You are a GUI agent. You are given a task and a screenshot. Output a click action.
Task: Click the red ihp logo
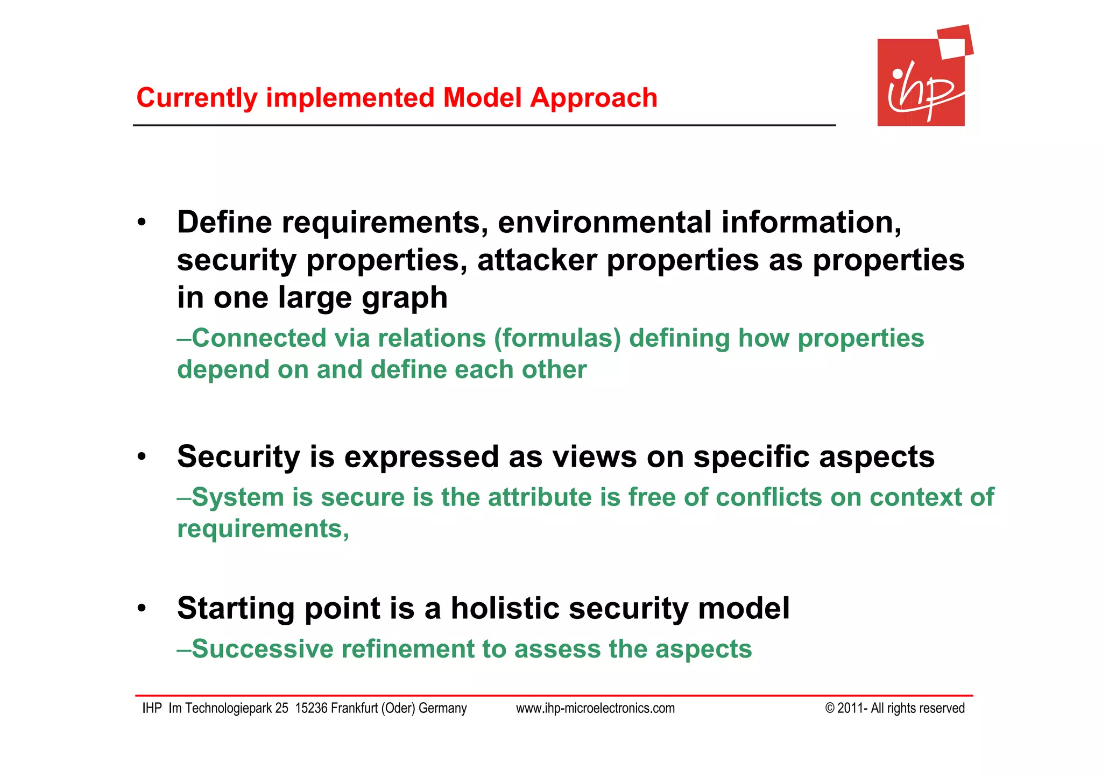pyautogui.click(x=921, y=81)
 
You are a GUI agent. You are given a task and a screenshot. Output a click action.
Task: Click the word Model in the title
pyautogui.click(x=482, y=98)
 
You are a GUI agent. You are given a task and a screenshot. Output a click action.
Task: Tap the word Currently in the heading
pyautogui.click(x=197, y=98)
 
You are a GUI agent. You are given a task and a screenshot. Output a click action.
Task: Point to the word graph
pyautogui.click(x=404, y=299)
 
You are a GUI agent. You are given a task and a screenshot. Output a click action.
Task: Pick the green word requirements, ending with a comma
pyautogui.click(x=263, y=529)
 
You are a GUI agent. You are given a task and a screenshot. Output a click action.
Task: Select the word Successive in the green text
pyautogui.click(x=262, y=649)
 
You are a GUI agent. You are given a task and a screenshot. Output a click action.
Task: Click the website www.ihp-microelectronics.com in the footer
pyautogui.click(x=595, y=709)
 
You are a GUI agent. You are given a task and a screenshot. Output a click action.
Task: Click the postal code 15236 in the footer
pyautogui.click(x=311, y=709)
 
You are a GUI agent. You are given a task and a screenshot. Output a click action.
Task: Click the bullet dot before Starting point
pyautogui.click(x=142, y=609)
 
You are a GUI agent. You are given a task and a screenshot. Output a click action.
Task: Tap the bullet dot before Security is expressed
pyautogui.click(x=142, y=458)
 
